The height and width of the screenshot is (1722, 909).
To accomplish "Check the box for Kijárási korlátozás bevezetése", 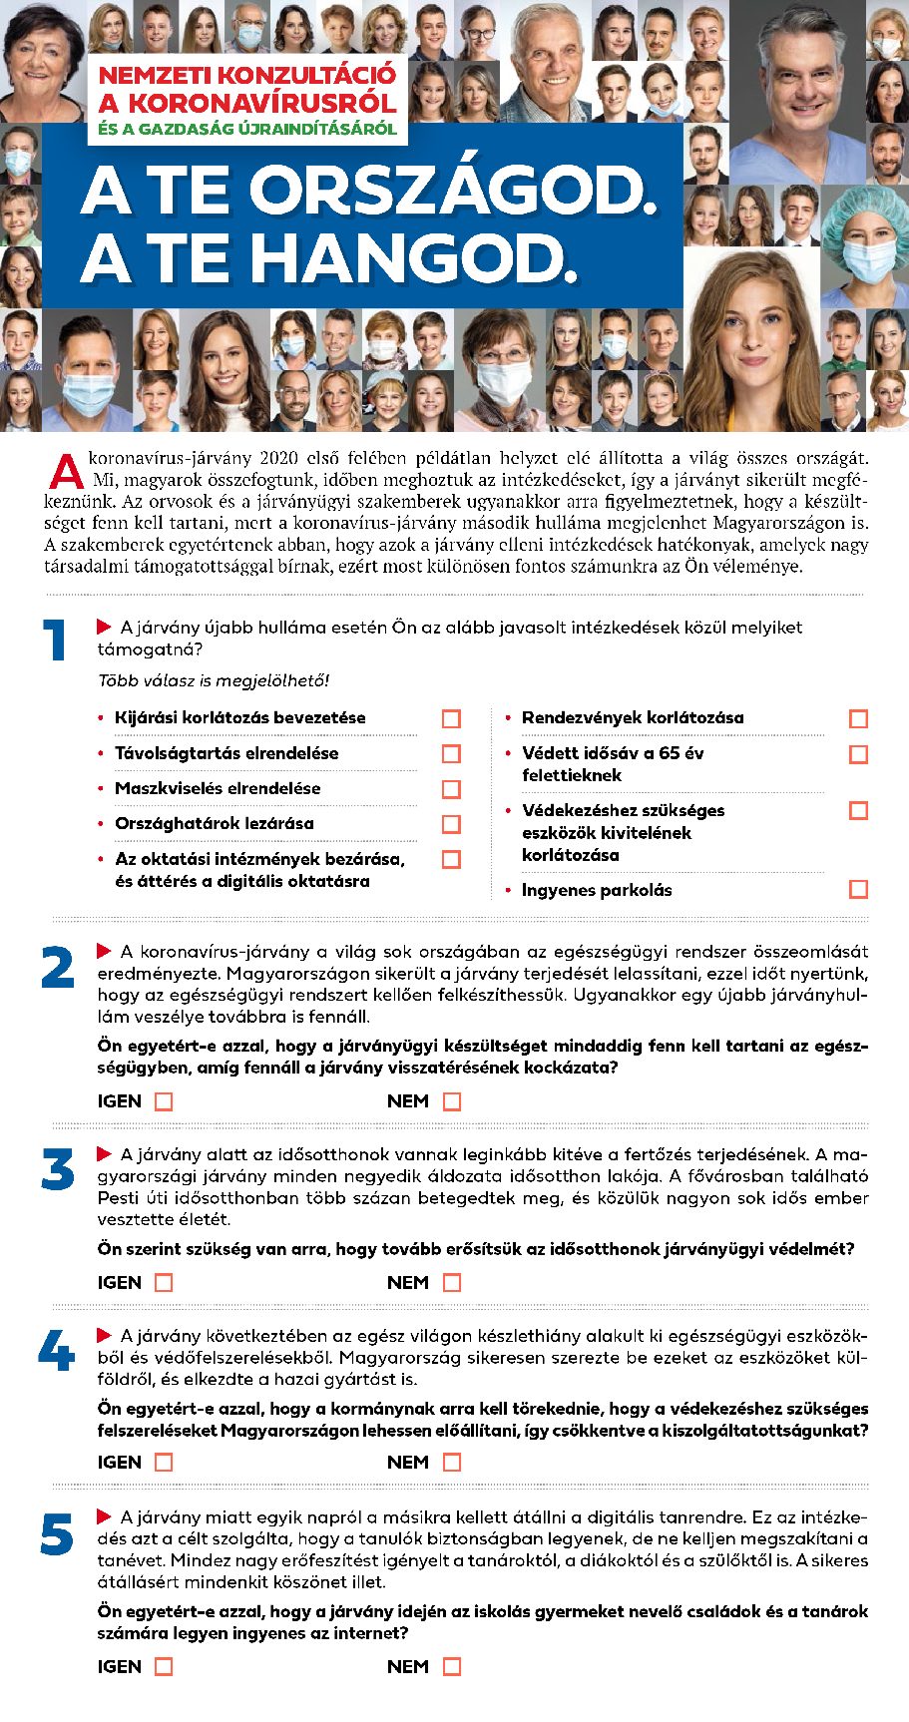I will tap(452, 718).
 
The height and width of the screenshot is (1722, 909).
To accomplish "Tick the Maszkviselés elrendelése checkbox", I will tap(452, 789).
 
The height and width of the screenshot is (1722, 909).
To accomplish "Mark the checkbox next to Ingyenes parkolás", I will tap(858, 889).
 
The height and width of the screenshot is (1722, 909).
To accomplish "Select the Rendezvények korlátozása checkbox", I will tap(858, 718).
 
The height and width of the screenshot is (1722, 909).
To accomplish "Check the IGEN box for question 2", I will tap(165, 1101).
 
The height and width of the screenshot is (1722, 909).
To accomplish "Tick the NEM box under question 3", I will tap(452, 1282).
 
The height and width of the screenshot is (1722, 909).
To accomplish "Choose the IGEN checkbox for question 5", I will tap(165, 1666).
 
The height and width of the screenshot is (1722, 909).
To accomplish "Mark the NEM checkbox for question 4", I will tap(452, 1462).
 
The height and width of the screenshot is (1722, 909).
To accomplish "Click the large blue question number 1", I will tap(55, 641).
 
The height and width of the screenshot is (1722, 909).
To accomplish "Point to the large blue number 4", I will tap(56, 1352).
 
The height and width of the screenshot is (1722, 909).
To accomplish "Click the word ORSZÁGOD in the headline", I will tap(454, 191).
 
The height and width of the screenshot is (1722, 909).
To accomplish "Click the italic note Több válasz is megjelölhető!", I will tap(213, 680).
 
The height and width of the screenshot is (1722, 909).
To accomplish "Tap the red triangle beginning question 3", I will tap(104, 1153).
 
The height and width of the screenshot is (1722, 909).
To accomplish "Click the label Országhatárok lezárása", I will tap(214, 823).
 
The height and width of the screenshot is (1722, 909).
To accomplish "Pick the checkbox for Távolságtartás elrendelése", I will tap(452, 753).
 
